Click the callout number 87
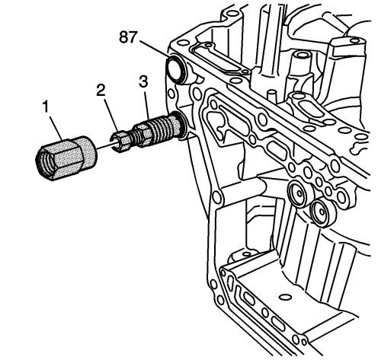click(x=128, y=37)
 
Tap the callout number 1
click(x=46, y=107)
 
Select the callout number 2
click(x=101, y=90)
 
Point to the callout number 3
click(x=143, y=81)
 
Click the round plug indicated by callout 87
click(x=176, y=68)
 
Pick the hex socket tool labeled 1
click(x=66, y=158)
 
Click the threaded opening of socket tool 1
click(x=46, y=161)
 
